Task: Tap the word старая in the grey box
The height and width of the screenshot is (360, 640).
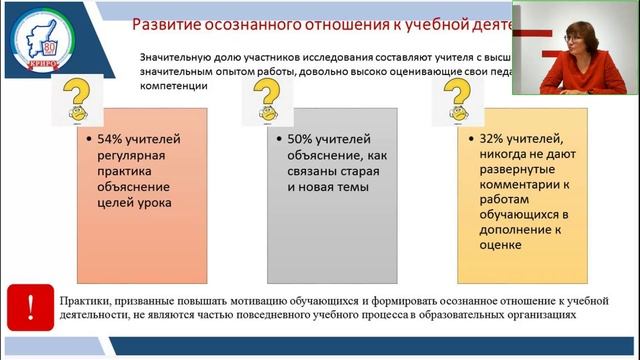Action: [x=332, y=172]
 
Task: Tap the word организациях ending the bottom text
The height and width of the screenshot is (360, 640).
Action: [x=539, y=314]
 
